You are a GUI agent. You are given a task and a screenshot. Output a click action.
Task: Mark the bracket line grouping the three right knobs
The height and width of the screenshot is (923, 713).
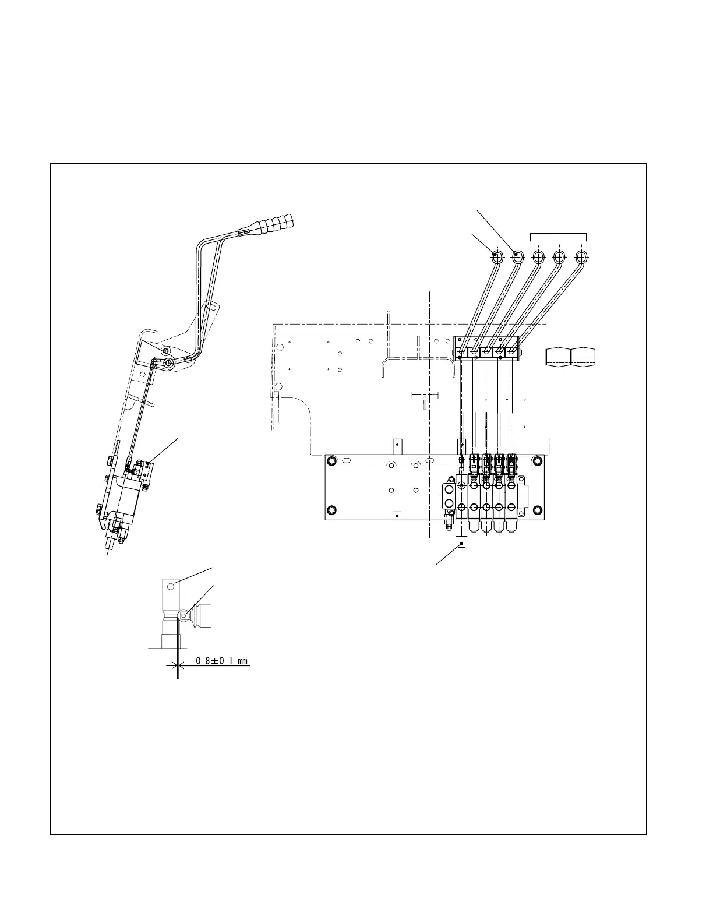point(559,233)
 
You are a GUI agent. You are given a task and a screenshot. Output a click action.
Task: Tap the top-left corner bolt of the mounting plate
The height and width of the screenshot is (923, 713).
point(331,462)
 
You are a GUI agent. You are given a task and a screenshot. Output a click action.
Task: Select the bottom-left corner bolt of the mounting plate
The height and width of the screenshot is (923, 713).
point(331,511)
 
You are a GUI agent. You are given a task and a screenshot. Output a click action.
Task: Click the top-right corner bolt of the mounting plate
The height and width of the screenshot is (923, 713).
point(537,462)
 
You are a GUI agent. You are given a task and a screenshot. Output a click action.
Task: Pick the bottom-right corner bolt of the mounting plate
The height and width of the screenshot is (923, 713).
point(537,511)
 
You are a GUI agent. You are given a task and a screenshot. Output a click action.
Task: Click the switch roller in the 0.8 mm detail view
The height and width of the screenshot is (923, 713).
point(184,614)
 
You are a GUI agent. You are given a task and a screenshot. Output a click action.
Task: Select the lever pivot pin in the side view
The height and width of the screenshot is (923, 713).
point(168,363)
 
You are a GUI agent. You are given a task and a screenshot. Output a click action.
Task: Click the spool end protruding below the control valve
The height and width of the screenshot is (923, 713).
point(462,536)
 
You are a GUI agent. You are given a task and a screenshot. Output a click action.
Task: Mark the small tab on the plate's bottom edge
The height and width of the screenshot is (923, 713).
point(398,515)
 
